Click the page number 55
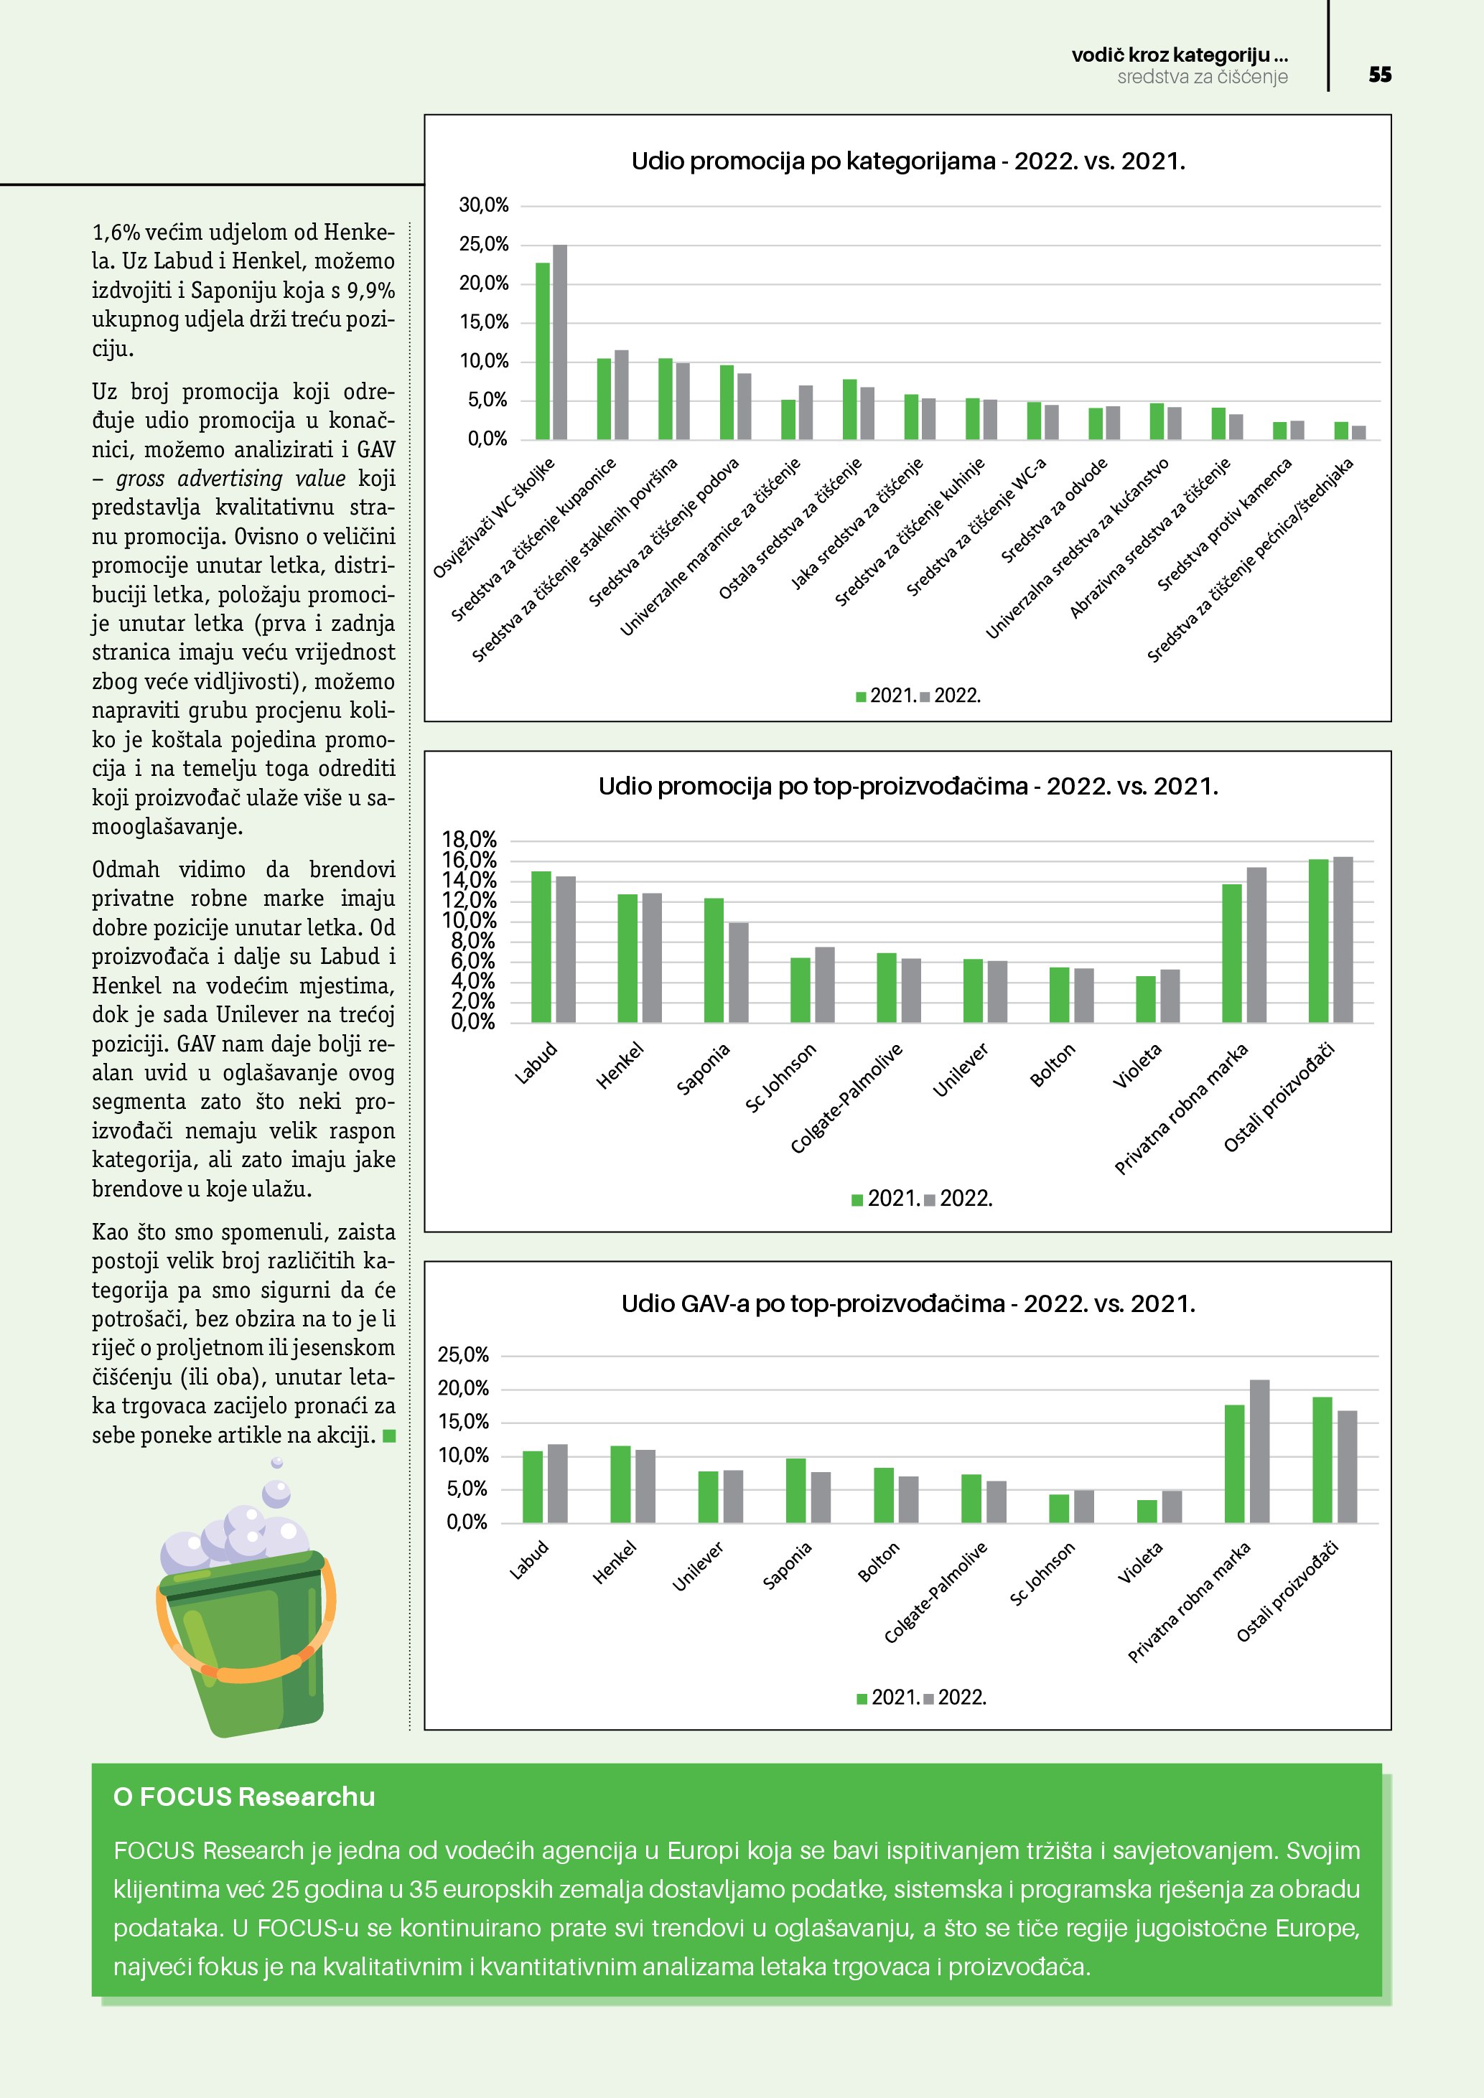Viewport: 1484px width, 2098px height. click(1380, 75)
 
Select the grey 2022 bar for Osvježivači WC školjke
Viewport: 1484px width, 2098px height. click(560, 342)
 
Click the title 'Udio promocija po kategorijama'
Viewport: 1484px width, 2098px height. click(907, 161)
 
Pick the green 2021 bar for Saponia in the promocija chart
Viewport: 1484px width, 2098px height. click(714, 960)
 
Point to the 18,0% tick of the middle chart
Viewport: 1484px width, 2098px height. click(469, 839)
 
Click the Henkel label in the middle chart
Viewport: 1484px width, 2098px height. click(620, 1065)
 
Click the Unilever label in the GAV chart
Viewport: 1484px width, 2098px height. click(698, 1566)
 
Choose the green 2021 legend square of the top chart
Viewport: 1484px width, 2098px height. click(861, 697)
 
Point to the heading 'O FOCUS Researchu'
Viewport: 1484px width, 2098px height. click(244, 1797)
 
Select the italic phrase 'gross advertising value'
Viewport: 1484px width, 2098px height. click(230, 479)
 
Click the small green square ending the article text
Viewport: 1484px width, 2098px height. click(389, 1436)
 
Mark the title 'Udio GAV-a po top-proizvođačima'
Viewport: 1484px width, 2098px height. click(907, 1304)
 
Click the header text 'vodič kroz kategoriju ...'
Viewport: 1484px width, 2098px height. click(1179, 55)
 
